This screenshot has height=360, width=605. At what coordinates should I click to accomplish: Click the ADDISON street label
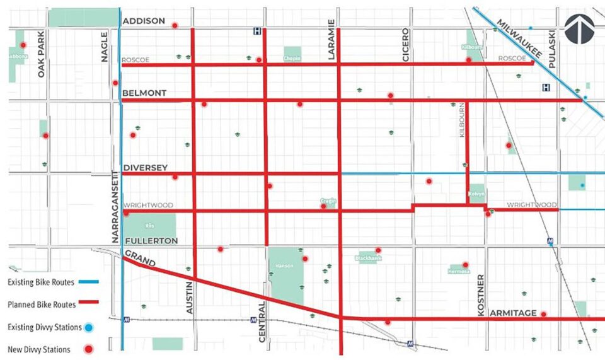pyautogui.click(x=144, y=21)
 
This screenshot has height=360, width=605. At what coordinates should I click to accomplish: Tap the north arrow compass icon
pyautogui.click(x=580, y=30)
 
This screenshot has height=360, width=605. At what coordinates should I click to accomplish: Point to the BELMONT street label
pyautogui.click(x=144, y=93)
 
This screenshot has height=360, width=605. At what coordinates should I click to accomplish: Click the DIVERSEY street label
pyautogui.click(x=145, y=168)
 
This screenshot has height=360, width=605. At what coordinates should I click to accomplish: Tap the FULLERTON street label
pyautogui.click(x=151, y=241)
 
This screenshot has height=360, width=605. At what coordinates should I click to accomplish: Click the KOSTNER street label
pyautogui.click(x=481, y=294)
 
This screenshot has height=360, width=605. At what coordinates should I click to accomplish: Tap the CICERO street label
pyautogui.click(x=406, y=45)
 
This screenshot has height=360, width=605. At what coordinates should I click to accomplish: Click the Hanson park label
pyautogui.click(x=281, y=266)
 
